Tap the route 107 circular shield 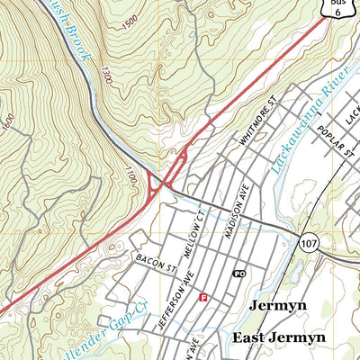[x=309, y=243]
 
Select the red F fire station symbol [x=203, y=296]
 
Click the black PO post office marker [x=238, y=273]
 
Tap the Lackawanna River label [x=301, y=117]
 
